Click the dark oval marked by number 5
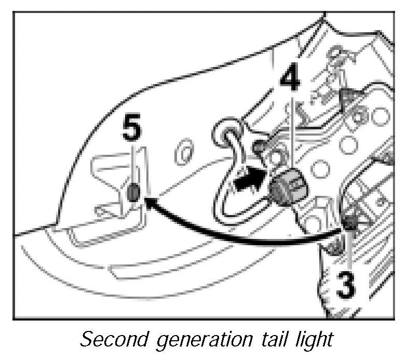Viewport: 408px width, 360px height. pos(133,193)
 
